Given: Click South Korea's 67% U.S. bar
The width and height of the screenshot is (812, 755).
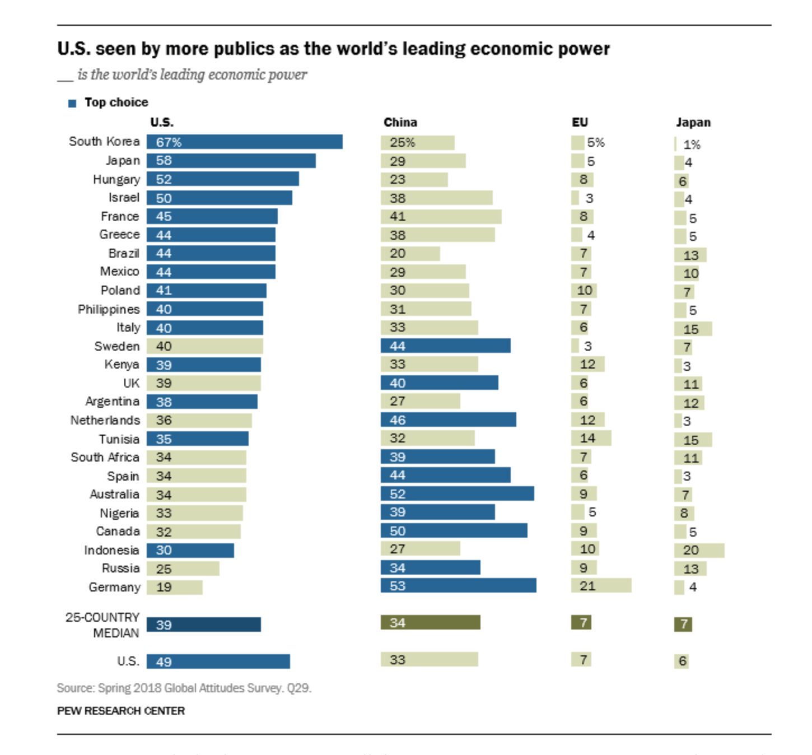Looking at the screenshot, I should tap(245, 142).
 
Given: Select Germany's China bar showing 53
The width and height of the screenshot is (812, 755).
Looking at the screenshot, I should tap(458, 586).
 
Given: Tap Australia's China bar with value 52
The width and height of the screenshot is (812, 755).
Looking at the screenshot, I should tap(457, 493).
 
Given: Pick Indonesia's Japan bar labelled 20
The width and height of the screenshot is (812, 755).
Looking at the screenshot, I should tap(699, 550).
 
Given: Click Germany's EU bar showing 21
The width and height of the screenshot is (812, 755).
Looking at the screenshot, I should tap(601, 586).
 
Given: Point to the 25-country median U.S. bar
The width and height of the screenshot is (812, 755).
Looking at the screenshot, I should tap(204, 624).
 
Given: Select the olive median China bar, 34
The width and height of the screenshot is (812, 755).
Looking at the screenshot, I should tap(430, 622).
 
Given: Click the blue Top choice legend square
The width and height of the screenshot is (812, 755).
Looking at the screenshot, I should tap(72, 103).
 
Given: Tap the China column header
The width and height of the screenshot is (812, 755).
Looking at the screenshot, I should tap(400, 122).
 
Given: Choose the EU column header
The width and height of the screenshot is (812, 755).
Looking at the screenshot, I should tap(580, 122).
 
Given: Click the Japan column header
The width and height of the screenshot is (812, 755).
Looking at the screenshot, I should tap(693, 122).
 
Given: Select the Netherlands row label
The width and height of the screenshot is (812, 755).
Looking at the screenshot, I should tap(105, 420).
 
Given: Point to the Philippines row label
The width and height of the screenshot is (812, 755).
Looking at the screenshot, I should tap(109, 309).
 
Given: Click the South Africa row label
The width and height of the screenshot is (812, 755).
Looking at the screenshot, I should tap(105, 457).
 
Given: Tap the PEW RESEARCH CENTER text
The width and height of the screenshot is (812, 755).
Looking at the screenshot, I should tap(121, 711).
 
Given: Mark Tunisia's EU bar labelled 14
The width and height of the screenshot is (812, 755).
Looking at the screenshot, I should tap(591, 438).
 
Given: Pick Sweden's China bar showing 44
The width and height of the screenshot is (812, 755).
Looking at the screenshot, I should tap(445, 346).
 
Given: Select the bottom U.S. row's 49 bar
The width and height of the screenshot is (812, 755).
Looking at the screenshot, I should tap(218, 661).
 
